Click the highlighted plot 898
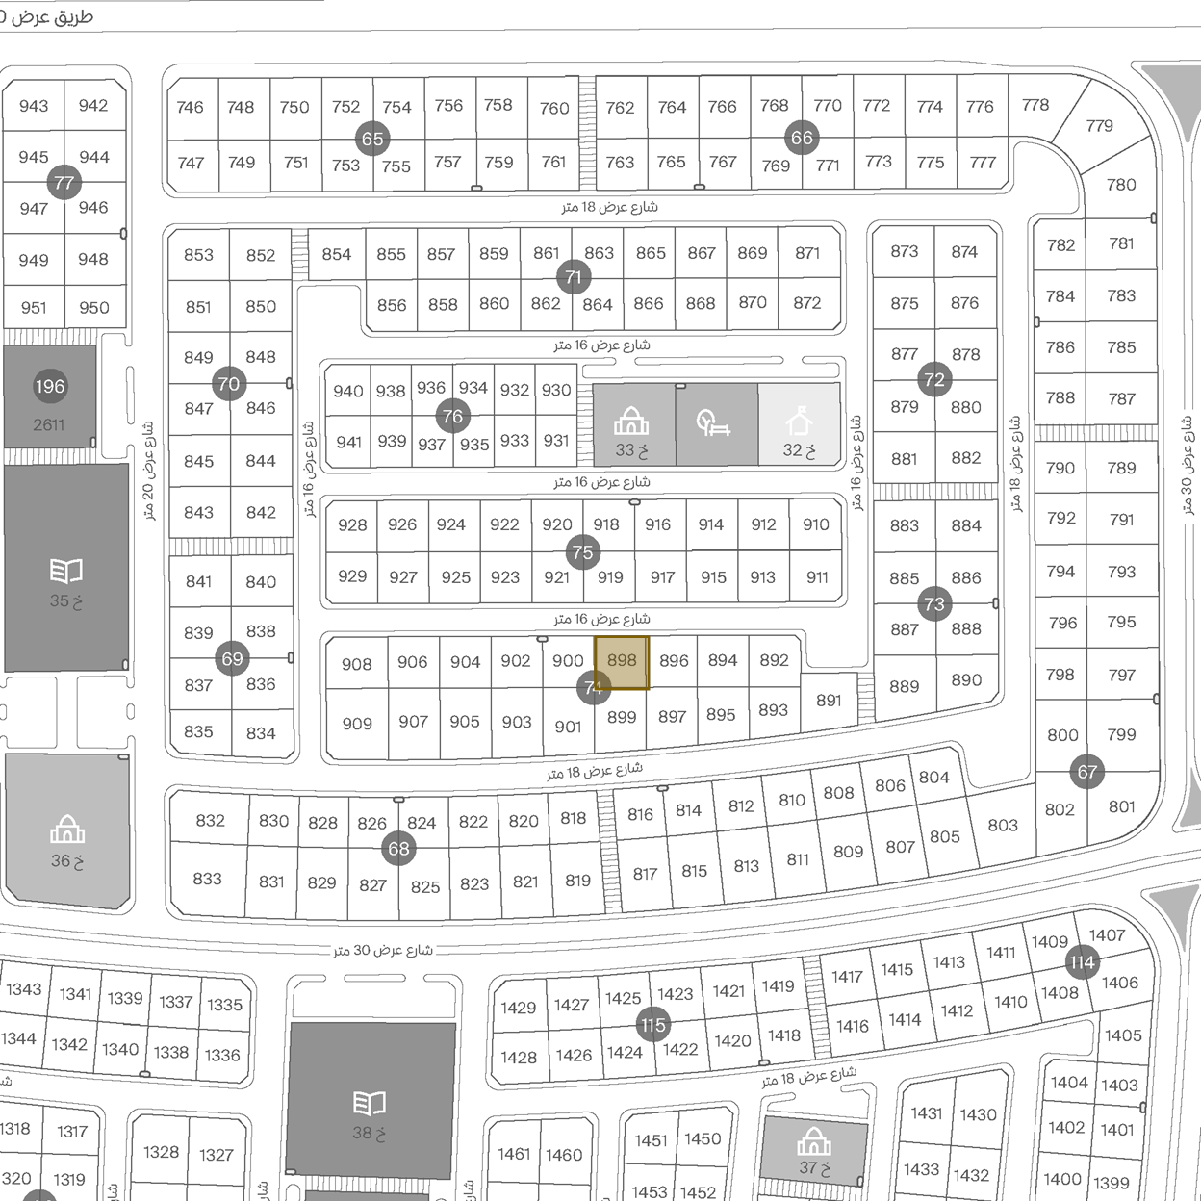pos(622,662)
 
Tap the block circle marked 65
pos(372,139)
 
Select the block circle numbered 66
pos(802,138)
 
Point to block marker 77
pos(64,183)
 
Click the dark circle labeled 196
pos(50,387)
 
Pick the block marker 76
pos(452,417)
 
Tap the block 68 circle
pos(398,849)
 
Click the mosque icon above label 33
pos(631,422)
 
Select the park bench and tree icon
pos(713,422)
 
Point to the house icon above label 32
pos(799,422)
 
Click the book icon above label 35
pos(65,572)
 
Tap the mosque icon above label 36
pos(67,829)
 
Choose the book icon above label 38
pos(370,1103)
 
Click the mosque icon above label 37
pos(814,1142)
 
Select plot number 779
pos(1099,126)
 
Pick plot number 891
pos(829,701)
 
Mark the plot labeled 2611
pos(49,424)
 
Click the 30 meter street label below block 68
pos(383,951)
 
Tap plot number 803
pos(1002,825)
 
